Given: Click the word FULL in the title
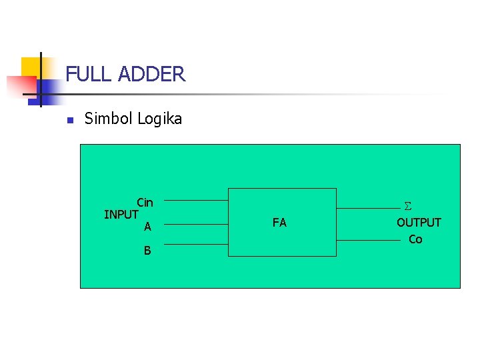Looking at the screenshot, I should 89,74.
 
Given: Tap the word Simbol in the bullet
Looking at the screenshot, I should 109,119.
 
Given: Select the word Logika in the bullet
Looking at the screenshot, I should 159,119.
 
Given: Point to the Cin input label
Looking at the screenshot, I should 145,203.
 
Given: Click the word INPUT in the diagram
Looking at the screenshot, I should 121,215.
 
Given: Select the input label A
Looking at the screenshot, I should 147,227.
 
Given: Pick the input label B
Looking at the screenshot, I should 147,251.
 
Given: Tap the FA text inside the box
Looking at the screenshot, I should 279,223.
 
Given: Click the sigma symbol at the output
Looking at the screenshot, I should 408,207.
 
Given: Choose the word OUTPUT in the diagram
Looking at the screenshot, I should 419,223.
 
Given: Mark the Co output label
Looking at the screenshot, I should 415,239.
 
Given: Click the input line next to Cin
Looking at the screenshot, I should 196,200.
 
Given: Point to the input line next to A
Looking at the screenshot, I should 196,225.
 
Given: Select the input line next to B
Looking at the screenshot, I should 196,244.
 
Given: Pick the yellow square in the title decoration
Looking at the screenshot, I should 30,67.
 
